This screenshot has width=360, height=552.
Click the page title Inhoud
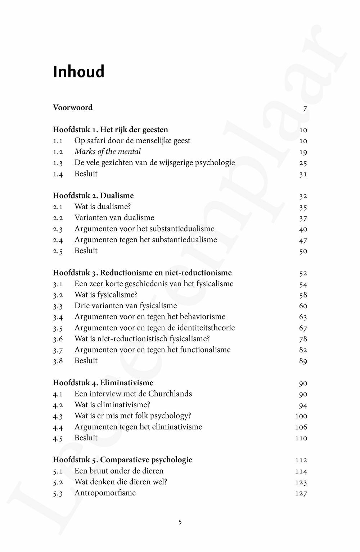pyautogui.click(x=78, y=72)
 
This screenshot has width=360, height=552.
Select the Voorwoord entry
pyautogui.click(x=73, y=108)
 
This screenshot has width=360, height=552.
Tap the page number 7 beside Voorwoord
pyautogui.click(x=305, y=108)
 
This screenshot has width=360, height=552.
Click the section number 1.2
pyautogui.click(x=58, y=152)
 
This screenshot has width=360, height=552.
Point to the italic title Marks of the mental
pyautogui.click(x=107, y=152)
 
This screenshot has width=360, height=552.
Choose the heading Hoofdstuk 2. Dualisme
pyautogui.click(x=93, y=196)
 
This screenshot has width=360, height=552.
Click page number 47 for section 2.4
pyautogui.click(x=303, y=241)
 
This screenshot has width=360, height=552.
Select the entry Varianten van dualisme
pyautogui.click(x=114, y=218)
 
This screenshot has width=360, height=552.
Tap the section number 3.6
pyautogui.click(x=58, y=339)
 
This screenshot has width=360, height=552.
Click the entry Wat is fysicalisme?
pyautogui.click(x=106, y=295)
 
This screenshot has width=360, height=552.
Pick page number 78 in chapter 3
pyautogui.click(x=303, y=339)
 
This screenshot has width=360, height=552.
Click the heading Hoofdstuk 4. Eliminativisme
pyautogui.click(x=103, y=383)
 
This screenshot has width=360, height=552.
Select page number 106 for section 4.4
pyautogui.click(x=301, y=427)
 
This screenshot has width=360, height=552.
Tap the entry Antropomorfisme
pyautogui.click(x=105, y=493)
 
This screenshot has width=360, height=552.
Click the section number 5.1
pyautogui.click(x=58, y=471)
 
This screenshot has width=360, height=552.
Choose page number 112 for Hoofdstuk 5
pyautogui.click(x=301, y=460)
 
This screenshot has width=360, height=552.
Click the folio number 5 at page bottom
pyautogui.click(x=180, y=522)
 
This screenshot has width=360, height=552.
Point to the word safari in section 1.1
pyautogui.click(x=98, y=141)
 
